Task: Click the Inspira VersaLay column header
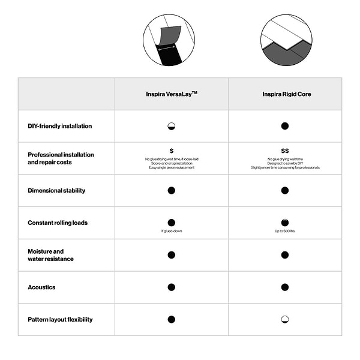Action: coord(172,94)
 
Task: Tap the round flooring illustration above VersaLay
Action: coord(169,40)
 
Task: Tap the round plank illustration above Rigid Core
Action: coord(286,40)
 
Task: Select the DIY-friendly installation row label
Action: coord(60,127)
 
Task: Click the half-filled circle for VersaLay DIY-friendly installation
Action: coord(172,127)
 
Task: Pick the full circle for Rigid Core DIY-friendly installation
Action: coord(285,126)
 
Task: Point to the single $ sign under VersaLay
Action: coord(172,151)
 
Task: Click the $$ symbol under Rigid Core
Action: coord(285,151)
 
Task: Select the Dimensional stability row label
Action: coord(56,191)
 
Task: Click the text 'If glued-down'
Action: coord(172,231)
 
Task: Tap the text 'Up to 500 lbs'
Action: coord(285,231)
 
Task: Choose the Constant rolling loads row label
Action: coord(58,223)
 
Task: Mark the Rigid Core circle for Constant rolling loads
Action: coord(285,223)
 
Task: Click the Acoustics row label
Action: coord(41,287)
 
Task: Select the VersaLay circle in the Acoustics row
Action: coord(172,287)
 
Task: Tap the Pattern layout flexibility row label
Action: coord(60,320)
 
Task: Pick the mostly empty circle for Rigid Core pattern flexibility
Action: coord(285,320)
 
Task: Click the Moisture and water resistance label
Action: coord(50,255)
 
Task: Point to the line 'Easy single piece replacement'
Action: coord(172,167)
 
